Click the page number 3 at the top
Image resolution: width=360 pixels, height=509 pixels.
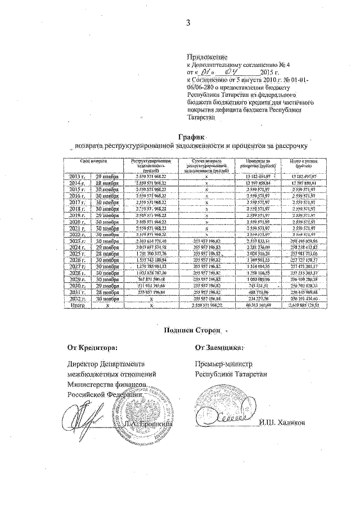click(189, 22)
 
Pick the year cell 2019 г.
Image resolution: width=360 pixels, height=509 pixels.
click(74, 215)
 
